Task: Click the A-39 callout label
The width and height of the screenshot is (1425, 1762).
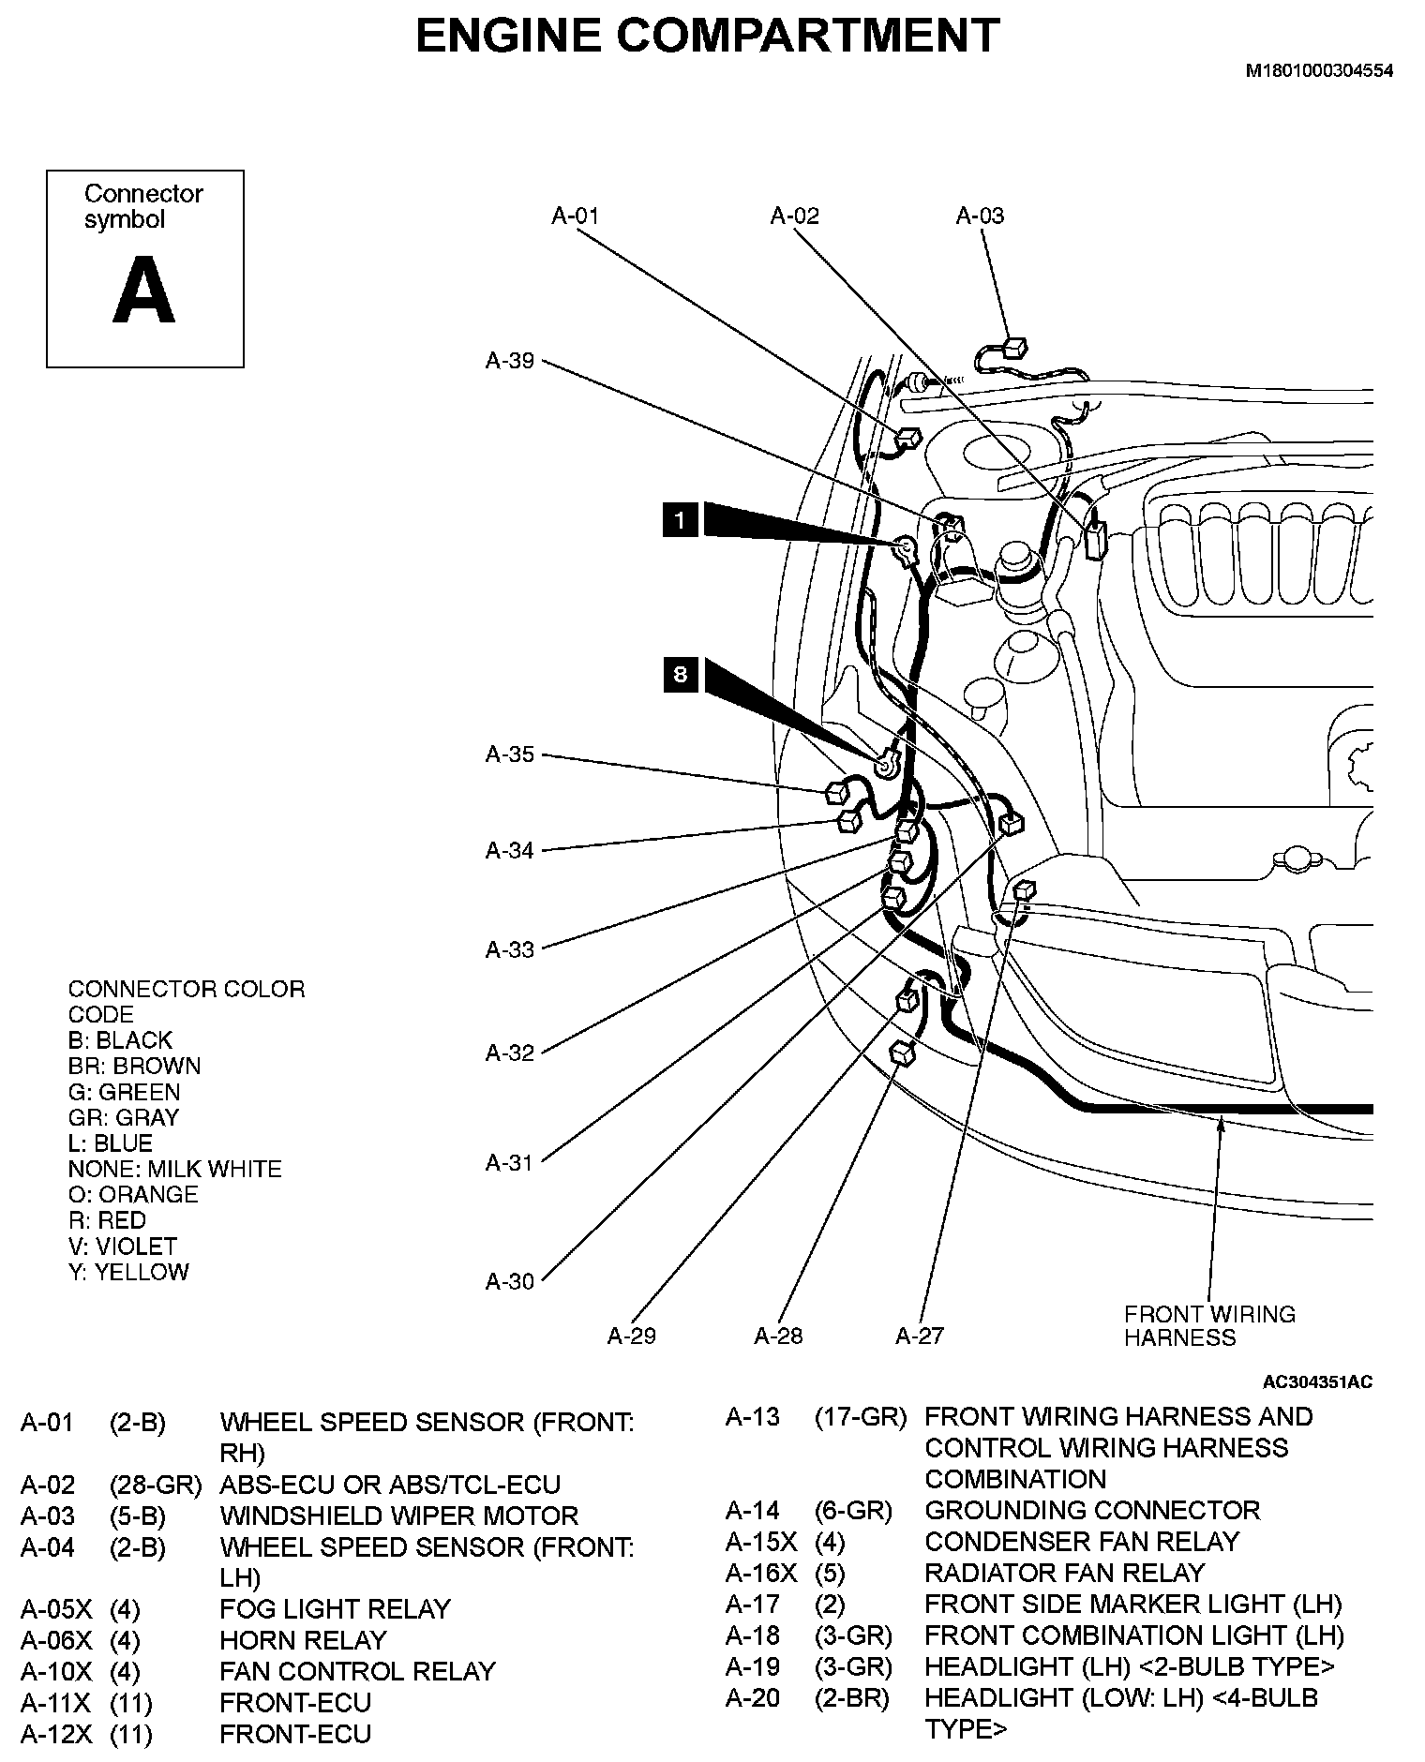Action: [509, 361]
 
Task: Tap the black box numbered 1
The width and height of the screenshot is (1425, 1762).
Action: [680, 518]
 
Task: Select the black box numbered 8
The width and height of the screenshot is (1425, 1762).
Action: [680, 674]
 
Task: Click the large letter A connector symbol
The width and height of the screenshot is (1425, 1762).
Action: [144, 290]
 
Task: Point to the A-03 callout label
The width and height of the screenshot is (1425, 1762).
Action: [980, 216]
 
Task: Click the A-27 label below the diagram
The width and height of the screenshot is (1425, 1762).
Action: [920, 1336]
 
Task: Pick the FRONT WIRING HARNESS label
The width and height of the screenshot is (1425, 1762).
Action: [1209, 1325]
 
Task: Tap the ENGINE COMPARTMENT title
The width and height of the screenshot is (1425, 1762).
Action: [707, 36]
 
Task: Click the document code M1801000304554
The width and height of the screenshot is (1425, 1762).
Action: [1318, 70]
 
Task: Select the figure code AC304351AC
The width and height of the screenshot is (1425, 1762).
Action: [1317, 1382]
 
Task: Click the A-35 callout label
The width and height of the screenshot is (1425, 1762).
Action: [509, 754]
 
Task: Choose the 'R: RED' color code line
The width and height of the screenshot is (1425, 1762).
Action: [107, 1220]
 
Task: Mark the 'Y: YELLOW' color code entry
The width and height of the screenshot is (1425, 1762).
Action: [128, 1272]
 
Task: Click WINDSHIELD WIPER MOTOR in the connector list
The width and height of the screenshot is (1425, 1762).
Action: [398, 1516]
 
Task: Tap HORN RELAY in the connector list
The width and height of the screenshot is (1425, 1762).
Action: [303, 1640]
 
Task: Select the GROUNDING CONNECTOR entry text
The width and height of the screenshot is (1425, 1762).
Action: [1092, 1511]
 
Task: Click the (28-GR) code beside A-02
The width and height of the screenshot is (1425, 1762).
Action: [156, 1486]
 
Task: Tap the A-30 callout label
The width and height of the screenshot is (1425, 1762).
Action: [509, 1281]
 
